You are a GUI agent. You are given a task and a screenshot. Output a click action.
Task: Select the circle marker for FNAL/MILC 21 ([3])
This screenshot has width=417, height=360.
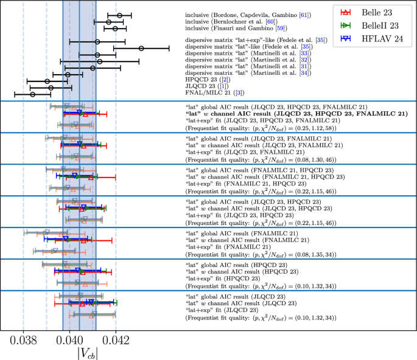pyautogui.click(x=33, y=94)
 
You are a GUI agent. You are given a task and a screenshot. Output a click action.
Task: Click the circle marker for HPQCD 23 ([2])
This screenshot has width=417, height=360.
pyautogui.click(x=47, y=81)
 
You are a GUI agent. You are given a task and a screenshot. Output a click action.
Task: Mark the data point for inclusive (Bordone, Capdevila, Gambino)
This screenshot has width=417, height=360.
pyautogui.click(x=119, y=15)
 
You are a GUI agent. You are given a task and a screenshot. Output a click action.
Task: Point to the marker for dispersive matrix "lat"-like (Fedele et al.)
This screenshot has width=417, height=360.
pyautogui.click(x=141, y=48)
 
